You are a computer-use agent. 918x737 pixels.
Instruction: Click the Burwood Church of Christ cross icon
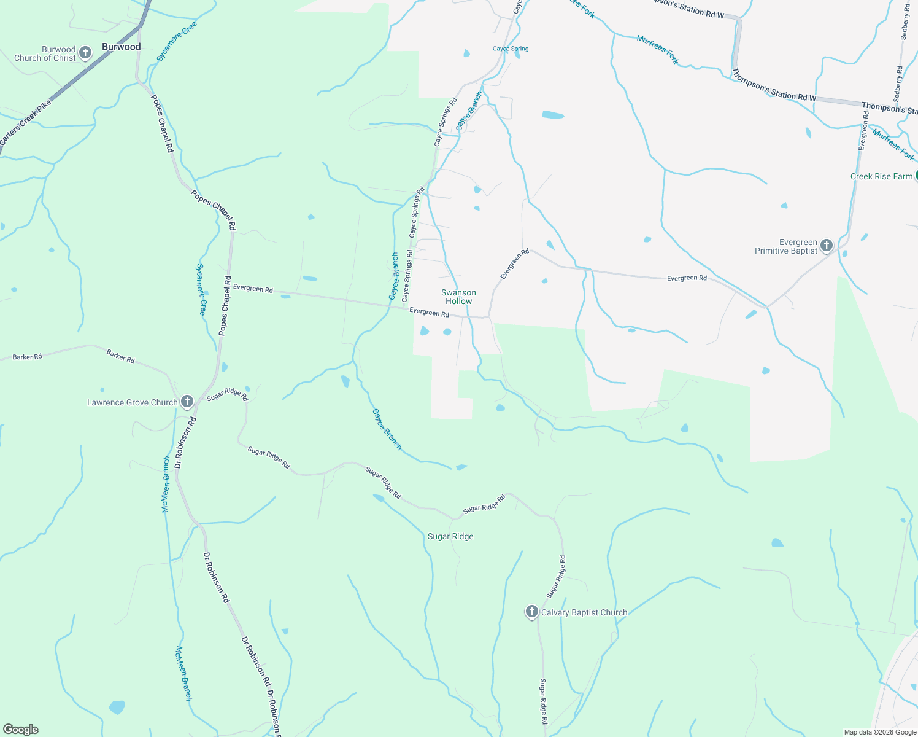click(x=85, y=53)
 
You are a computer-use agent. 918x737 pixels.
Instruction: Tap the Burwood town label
click(x=121, y=47)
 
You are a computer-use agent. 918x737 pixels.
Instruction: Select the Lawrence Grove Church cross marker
click(x=187, y=402)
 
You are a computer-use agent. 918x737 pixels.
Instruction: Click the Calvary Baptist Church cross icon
click(x=531, y=612)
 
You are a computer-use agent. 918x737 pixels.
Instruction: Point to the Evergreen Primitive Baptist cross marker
click(x=827, y=246)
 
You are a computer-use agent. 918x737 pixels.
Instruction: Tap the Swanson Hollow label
click(x=458, y=297)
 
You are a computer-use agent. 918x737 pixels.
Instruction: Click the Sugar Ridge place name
click(x=450, y=536)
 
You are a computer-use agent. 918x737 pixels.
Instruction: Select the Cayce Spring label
click(x=511, y=49)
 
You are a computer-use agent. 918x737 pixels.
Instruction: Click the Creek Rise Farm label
click(x=881, y=176)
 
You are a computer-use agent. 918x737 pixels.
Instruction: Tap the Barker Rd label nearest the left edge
click(x=27, y=356)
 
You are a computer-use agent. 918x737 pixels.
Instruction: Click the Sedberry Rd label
click(x=904, y=22)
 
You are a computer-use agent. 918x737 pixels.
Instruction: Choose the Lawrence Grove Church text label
click(x=132, y=402)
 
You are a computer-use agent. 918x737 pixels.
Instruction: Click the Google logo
click(x=20, y=730)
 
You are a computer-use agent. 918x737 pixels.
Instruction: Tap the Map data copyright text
click(x=880, y=732)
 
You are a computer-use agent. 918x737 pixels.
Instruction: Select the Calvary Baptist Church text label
click(x=584, y=612)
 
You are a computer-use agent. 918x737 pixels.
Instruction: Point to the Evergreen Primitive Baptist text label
click(x=786, y=246)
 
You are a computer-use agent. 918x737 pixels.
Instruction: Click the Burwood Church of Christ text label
click(x=45, y=53)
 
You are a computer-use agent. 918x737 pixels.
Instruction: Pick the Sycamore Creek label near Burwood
click(x=177, y=41)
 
